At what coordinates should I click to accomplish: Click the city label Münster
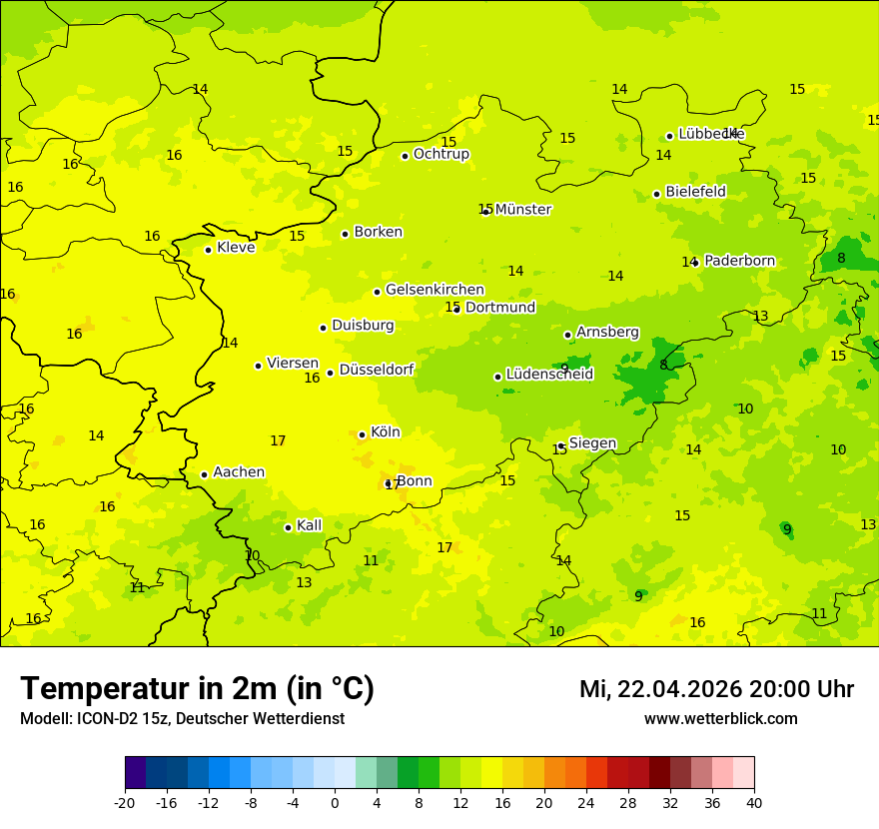pyautogui.click(x=522, y=210)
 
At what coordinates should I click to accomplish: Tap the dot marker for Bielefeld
pyautogui.click(x=656, y=194)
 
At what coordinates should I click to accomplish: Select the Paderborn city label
pyautogui.click(x=739, y=261)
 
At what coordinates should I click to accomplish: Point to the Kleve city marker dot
pyautogui.click(x=208, y=250)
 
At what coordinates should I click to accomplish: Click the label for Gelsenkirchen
pyautogui.click(x=435, y=290)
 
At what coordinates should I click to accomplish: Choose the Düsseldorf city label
pyautogui.click(x=377, y=370)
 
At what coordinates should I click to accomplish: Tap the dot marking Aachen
pyautogui.click(x=204, y=474)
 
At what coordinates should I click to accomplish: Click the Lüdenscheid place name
pyautogui.click(x=549, y=375)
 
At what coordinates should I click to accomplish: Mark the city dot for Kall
pyautogui.click(x=288, y=527)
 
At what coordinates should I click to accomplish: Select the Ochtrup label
pyautogui.click(x=440, y=154)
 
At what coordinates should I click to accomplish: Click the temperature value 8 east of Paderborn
pyautogui.click(x=841, y=258)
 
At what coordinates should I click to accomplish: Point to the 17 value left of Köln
pyautogui.click(x=278, y=440)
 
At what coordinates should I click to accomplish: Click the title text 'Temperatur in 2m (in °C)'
pyautogui.click(x=197, y=688)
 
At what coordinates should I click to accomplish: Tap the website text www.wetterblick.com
pyautogui.click(x=720, y=718)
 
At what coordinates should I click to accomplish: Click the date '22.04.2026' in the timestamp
pyautogui.click(x=678, y=689)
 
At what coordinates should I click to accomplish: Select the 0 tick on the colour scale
pyautogui.click(x=335, y=802)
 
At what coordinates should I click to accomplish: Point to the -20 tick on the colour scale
pyautogui.click(x=125, y=802)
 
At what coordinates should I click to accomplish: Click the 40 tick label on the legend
pyautogui.click(x=754, y=802)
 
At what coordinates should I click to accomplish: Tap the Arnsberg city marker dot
pyautogui.click(x=567, y=335)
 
